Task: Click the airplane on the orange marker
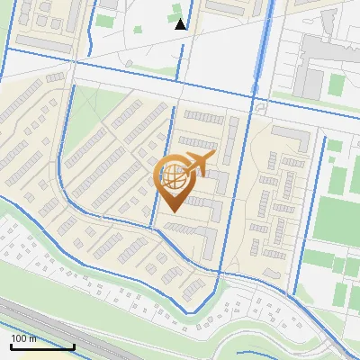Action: [x=196, y=164]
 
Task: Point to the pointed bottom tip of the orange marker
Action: [x=171, y=211]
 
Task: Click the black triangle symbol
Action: [x=181, y=23]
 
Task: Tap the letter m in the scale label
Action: [x=33, y=338]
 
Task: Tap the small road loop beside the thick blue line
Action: [x=260, y=107]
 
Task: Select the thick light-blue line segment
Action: [x=262, y=54]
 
